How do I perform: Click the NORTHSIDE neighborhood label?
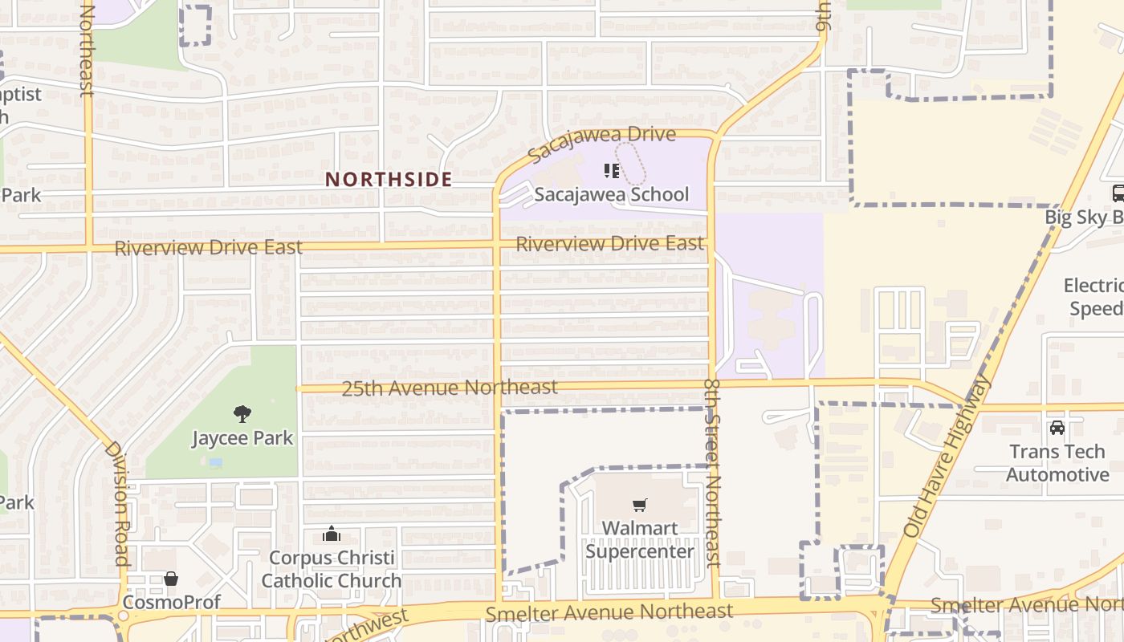389,179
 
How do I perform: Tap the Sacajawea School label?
612,194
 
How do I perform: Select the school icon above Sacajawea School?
612,170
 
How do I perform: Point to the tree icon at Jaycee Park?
242,414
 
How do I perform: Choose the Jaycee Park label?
242,438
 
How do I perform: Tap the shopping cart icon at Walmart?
639,506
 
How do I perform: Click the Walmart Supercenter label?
639,540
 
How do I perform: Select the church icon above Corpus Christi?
331,534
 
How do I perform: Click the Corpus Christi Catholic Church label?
331,569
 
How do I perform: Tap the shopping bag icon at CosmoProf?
171,579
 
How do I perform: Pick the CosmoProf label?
171,602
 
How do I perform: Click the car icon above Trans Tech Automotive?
1057,428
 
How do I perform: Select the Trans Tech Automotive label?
1057,463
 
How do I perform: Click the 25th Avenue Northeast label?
450,388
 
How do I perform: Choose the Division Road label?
117,504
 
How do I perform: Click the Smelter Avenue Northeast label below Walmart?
609,612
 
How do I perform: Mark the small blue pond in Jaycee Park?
214,463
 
